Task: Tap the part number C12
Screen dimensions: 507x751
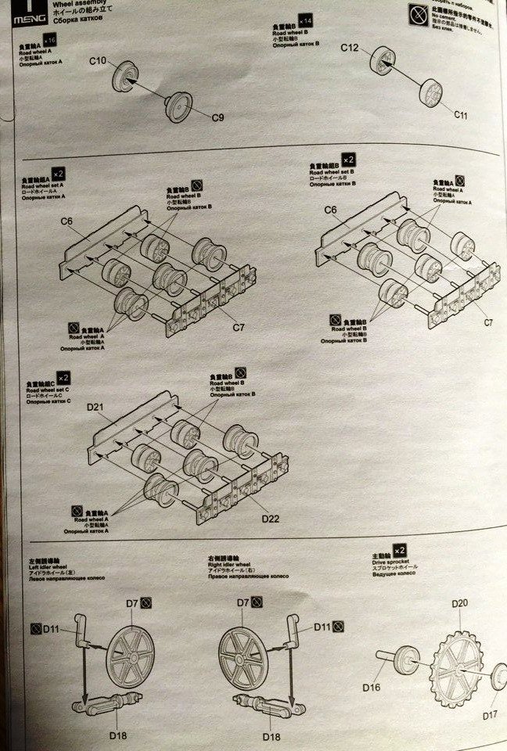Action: tap(349, 49)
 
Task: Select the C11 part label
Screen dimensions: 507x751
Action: tap(462, 114)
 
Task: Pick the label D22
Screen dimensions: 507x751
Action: tap(270, 519)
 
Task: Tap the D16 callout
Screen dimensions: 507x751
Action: tap(371, 688)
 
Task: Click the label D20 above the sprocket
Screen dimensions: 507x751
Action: tap(459, 603)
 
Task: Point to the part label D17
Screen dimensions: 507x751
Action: tap(490, 713)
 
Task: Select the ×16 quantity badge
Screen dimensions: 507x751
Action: tap(52, 38)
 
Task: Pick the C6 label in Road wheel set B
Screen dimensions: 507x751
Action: tap(329, 210)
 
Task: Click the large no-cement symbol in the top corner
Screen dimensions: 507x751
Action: tap(418, 13)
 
